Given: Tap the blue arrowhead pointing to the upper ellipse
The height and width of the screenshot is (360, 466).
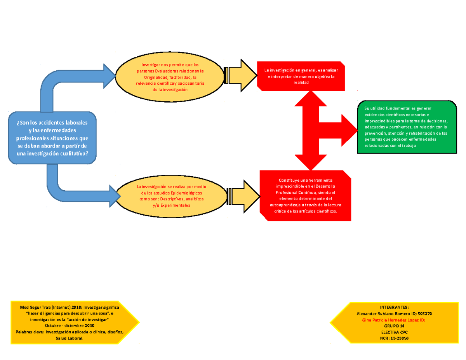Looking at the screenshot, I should (108, 76).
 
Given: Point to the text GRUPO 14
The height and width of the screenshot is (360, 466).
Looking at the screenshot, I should (394, 327).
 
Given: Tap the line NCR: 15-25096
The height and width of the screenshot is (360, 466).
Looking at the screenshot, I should (394, 339).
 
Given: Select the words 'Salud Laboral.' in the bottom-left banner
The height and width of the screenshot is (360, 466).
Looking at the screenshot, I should (70, 339).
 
